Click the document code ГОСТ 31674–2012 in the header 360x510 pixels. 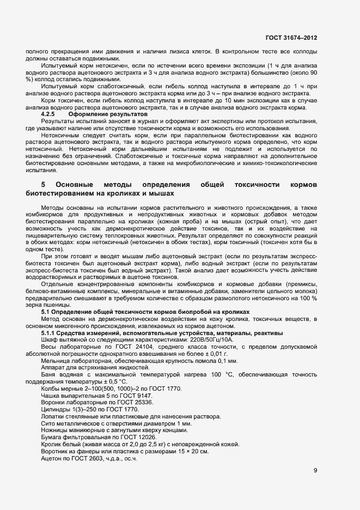[x=291, y=38]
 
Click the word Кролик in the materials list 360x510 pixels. [x=52, y=444]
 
